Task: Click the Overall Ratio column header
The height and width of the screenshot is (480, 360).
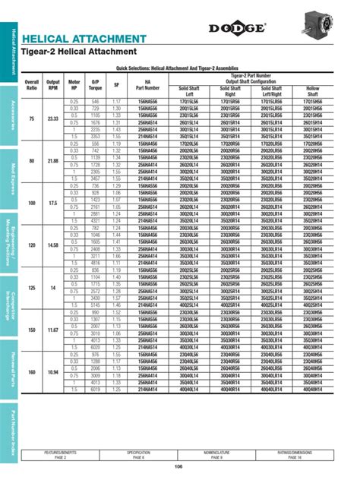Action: coord(32,84)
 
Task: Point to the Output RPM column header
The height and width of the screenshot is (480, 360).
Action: coord(53,84)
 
